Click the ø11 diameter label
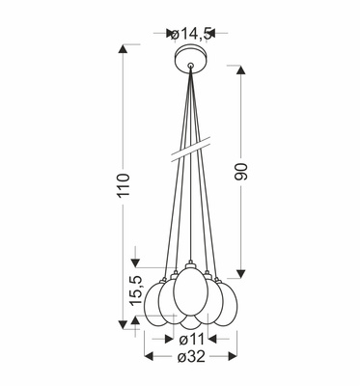pos(190,339)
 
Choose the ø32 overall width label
pos(190,357)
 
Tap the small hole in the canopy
pos(191,67)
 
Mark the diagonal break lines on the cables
pos(191,151)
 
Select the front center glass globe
pos(191,295)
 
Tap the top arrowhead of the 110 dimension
pos(125,47)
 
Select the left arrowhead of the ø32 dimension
pos(147,357)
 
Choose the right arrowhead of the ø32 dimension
pos(235,357)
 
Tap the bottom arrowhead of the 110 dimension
pos(125,327)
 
